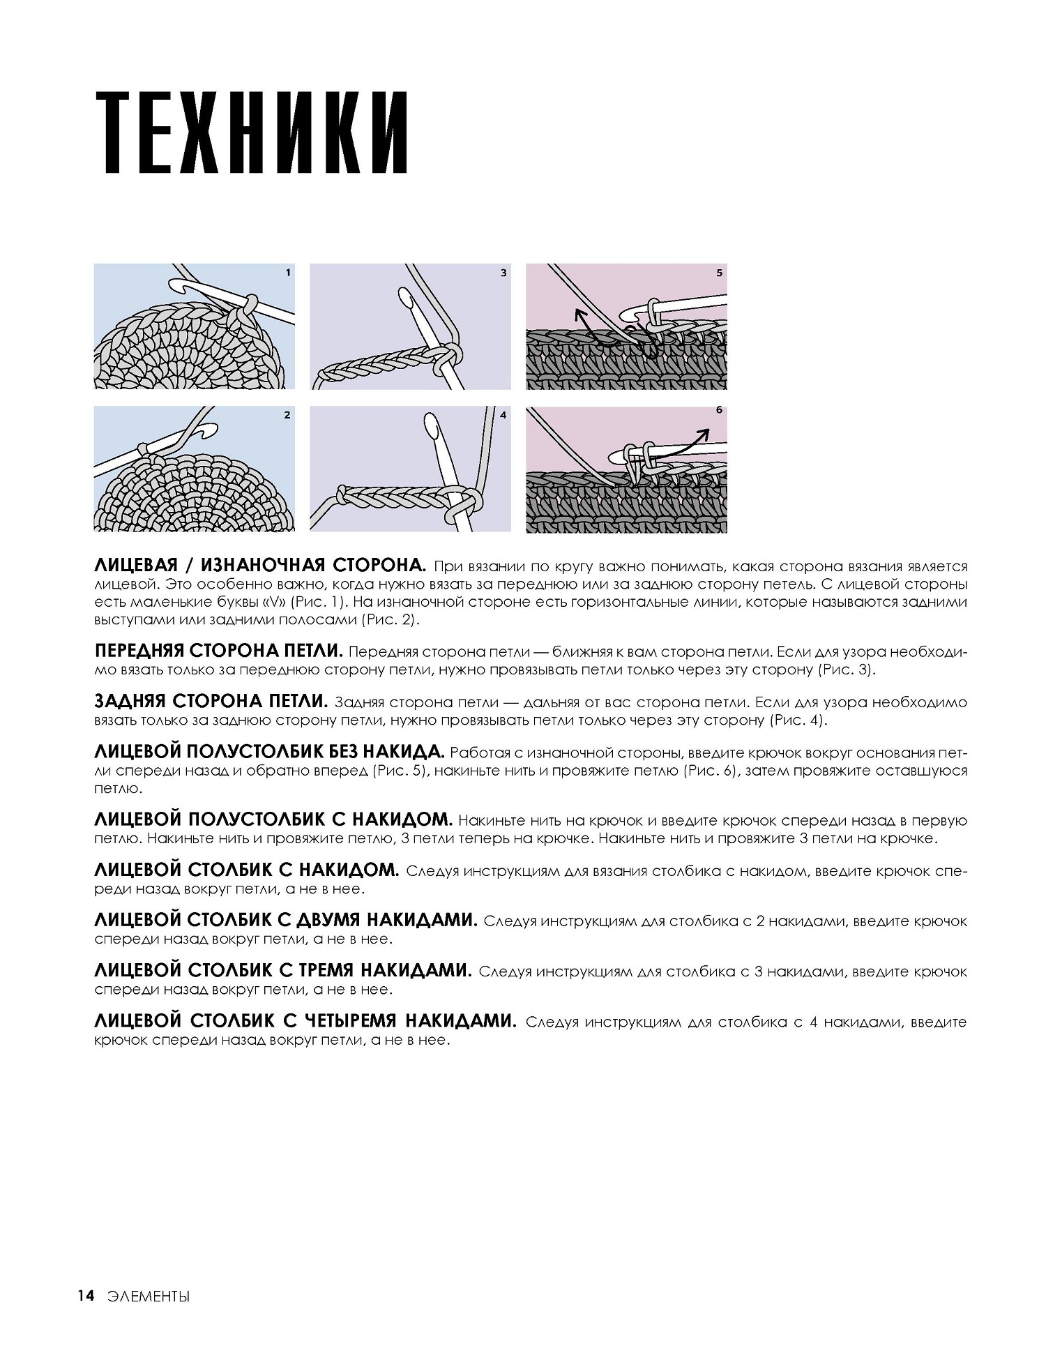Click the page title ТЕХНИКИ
[x=251, y=133]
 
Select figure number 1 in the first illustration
[x=288, y=273]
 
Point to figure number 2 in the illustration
[x=287, y=415]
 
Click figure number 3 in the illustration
[x=503, y=273]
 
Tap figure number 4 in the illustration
[x=503, y=415]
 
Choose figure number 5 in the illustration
[x=719, y=273]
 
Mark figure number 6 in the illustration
[x=719, y=411]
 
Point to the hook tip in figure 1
[x=176, y=285]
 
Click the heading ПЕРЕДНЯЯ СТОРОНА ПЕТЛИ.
[x=218, y=651]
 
